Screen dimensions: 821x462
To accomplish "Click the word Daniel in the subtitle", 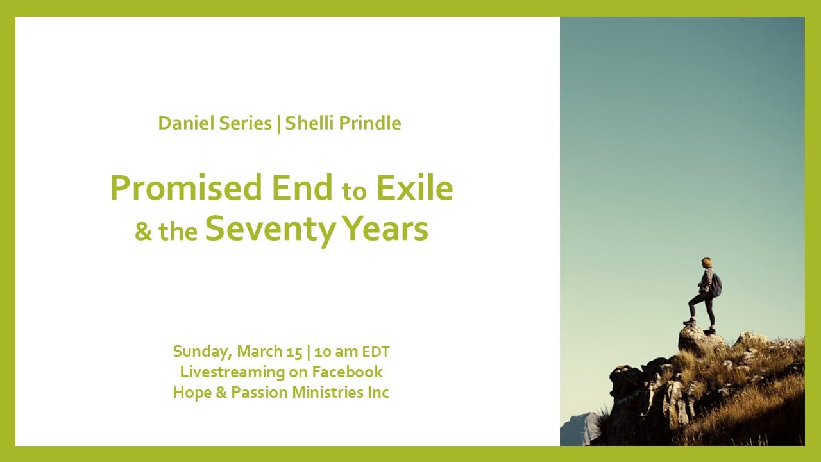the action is (x=186, y=123).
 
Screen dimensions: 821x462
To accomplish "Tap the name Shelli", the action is (x=310, y=123).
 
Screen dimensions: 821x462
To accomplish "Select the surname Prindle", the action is (x=370, y=123).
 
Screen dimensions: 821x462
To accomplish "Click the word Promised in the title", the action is (x=186, y=188).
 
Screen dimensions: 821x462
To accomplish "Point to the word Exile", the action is (x=415, y=188).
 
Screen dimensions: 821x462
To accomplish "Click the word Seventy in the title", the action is (x=271, y=229).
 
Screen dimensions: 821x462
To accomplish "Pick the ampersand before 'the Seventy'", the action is (x=143, y=232).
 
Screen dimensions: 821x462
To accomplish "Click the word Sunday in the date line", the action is (x=203, y=352).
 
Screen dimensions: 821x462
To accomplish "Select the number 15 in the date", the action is (x=294, y=352).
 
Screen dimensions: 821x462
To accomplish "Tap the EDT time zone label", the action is (x=376, y=352).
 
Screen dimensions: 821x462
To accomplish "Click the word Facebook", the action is (x=347, y=372).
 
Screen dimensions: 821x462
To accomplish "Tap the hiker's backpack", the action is (x=716, y=286).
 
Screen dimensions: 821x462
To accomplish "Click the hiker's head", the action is (x=706, y=262).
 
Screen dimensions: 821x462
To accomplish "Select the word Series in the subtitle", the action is (x=245, y=123).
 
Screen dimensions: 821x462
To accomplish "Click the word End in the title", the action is (x=302, y=188).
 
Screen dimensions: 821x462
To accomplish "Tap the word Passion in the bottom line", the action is (x=260, y=392).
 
